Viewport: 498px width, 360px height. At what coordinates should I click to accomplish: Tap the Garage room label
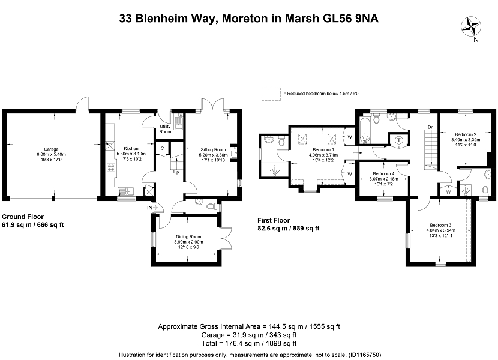click(51, 149)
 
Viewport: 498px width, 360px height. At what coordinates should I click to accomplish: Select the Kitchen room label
click(131, 148)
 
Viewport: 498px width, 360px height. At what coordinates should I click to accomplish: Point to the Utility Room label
click(165, 129)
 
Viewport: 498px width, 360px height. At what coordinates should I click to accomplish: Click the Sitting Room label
click(213, 149)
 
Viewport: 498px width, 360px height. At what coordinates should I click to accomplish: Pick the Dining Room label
click(188, 237)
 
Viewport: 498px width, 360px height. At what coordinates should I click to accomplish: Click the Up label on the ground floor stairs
click(176, 172)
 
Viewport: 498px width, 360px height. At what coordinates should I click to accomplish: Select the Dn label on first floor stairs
click(431, 127)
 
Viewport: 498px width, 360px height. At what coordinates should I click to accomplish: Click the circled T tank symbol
click(399, 140)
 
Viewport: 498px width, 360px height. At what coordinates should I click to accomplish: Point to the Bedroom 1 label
click(323, 149)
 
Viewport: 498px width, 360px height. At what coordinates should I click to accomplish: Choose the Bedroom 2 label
click(466, 134)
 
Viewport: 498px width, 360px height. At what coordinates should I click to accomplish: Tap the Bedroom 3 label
click(441, 225)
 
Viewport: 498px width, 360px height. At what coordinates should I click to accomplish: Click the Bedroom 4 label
click(383, 174)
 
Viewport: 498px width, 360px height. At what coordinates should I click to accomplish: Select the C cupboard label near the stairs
click(162, 148)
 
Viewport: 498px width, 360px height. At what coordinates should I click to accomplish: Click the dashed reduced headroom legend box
click(271, 94)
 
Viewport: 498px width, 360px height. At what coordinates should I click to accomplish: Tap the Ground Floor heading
click(23, 217)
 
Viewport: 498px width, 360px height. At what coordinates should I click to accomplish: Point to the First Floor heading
click(274, 220)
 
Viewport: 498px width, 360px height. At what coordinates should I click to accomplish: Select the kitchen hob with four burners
click(111, 168)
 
